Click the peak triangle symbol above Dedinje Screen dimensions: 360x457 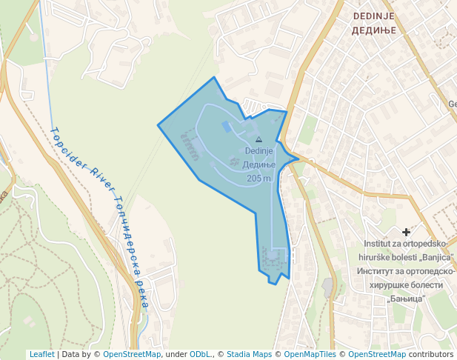click(258, 139)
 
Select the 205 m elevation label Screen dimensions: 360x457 click(258, 179)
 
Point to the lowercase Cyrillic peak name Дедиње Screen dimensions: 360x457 click(259, 164)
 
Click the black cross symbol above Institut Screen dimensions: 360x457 click(406, 232)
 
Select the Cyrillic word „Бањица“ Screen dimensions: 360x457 click(406, 298)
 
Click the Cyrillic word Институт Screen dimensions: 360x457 click(384, 270)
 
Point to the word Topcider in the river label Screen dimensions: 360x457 click(67, 149)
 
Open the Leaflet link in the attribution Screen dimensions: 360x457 click(41, 354)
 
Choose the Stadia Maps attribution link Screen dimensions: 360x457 click(249, 354)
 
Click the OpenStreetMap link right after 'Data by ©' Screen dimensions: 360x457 click(132, 354)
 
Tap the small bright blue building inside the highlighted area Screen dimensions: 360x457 click(226, 126)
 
